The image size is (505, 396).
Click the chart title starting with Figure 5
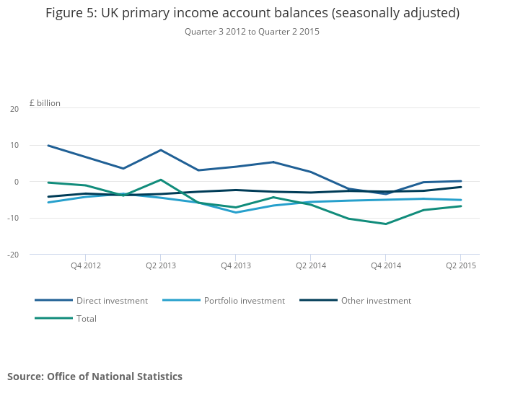click(252, 13)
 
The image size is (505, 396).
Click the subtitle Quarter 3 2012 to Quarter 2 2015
click(252, 32)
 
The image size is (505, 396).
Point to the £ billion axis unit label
click(45, 103)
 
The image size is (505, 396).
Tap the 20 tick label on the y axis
click(14, 109)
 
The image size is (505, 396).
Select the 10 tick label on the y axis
click(14, 145)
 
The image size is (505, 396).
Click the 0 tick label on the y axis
click(17, 182)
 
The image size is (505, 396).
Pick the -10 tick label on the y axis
click(13, 218)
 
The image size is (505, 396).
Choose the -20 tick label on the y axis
click(13, 255)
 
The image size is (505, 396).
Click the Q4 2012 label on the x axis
click(86, 265)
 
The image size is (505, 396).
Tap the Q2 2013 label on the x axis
click(161, 265)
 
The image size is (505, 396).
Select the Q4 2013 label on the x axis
click(236, 265)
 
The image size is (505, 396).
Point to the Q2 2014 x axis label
click(311, 265)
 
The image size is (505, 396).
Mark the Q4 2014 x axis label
click(386, 265)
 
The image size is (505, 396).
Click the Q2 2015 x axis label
click(461, 265)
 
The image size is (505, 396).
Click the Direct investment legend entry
click(91, 300)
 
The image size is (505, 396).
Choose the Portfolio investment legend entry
click(224, 300)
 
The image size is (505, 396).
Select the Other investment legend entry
click(355, 300)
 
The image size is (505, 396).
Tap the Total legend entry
click(66, 318)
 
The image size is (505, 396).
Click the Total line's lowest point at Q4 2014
click(386, 224)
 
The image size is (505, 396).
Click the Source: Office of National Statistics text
click(95, 377)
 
